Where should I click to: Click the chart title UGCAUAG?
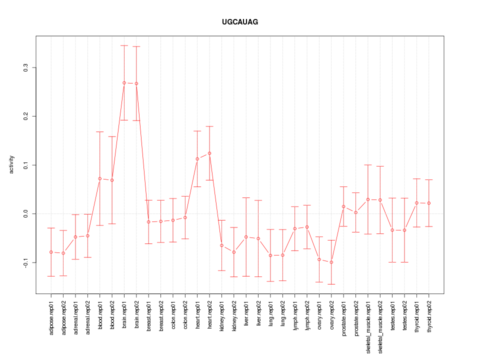pos(240,22)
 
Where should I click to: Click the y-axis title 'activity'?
pos(11,164)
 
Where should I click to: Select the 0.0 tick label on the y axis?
pos(26,213)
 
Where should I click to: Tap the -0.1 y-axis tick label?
pos(26,262)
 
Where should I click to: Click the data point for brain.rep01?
pos(124,82)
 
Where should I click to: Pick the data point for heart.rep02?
pos(209,153)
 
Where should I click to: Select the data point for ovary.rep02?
pos(331,262)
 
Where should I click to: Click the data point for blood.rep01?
pos(100,178)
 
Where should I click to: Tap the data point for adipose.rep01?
pos(51,252)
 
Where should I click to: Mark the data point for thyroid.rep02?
pos(429,203)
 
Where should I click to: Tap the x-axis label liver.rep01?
pos(246,320)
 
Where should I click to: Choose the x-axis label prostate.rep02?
pos(356,324)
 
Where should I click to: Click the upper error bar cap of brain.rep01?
pos(124,45)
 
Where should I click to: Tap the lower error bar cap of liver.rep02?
pos(258,276)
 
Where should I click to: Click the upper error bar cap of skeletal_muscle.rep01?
pos(368,164)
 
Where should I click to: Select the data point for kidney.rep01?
pos(221,245)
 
